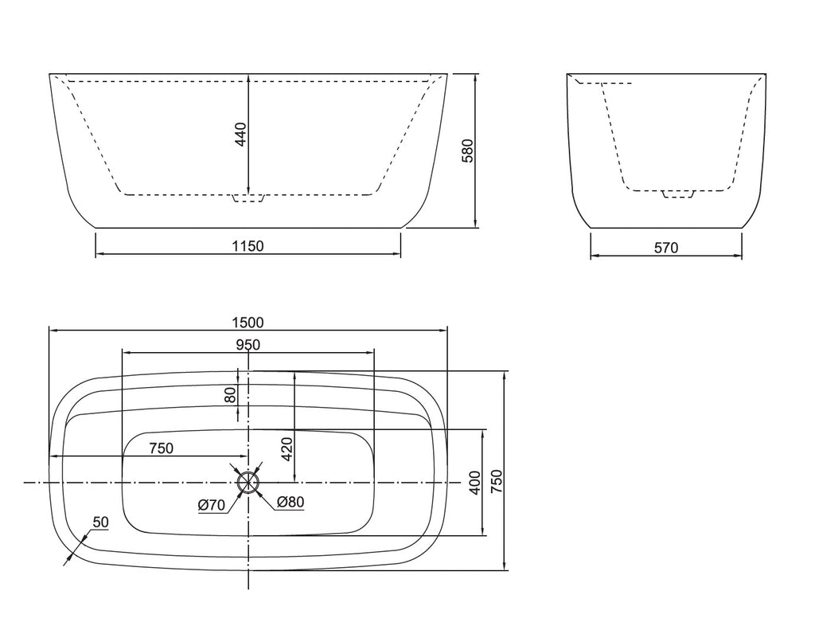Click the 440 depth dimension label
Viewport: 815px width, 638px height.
click(x=240, y=134)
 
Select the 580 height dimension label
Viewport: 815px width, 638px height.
click(x=468, y=151)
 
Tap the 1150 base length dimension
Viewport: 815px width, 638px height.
click(x=248, y=246)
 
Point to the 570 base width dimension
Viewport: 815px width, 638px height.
click(x=666, y=248)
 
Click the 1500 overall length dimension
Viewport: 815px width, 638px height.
click(x=248, y=323)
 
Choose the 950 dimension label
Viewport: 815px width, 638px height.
click(x=248, y=345)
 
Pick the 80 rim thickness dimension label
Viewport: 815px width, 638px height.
click(x=230, y=395)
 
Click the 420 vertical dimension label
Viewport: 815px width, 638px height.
click(x=287, y=449)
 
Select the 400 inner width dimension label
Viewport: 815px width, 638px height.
click(x=475, y=483)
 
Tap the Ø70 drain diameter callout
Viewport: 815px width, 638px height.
click(x=212, y=505)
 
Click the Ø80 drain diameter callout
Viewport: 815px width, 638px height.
click(x=290, y=502)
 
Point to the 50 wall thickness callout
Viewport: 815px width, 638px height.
click(x=101, y=523)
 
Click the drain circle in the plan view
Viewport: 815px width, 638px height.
click(x=248, y=483)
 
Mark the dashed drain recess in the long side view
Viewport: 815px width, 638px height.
click(x=248, y=198)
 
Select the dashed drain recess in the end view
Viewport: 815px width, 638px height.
click(x=678, y=194)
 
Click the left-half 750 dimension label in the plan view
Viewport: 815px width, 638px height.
click(x=161, y=448)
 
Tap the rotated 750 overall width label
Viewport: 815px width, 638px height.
click(x=497, y=482)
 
